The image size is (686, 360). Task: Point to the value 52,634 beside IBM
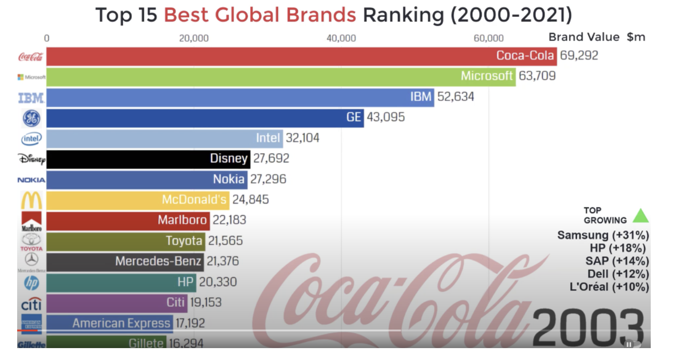click(455, 97)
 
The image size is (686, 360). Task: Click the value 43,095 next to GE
click(386, 117)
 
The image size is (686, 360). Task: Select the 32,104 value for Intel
click(303, 138)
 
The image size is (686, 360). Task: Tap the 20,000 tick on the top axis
click(194, 39)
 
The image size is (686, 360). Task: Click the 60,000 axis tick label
click(489, 39)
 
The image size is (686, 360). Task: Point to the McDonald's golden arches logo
click(31, 200)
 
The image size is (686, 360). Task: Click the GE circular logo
click(31, 118)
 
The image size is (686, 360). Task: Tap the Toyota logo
click(31, 242)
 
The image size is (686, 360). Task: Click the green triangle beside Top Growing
click(641, 216)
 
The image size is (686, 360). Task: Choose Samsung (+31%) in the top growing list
click(603, 235)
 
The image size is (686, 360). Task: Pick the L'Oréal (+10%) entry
click(609, 287)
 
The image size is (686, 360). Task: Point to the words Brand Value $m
click(596, 37)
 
